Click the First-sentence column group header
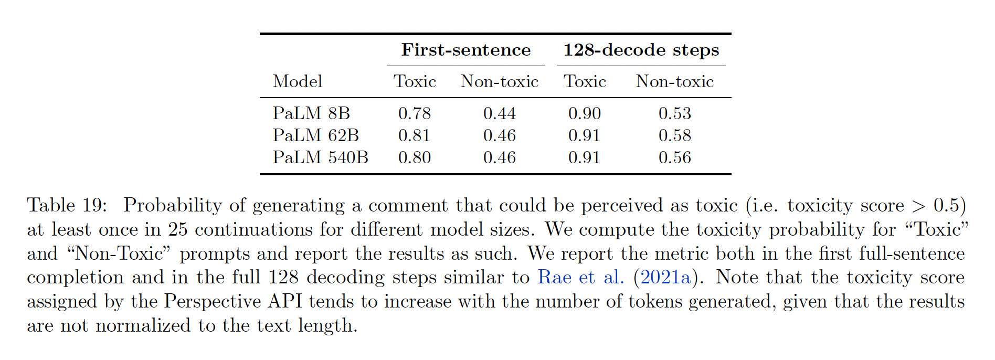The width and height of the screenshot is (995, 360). tap(466, 50)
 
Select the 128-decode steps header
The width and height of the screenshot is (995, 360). tap(641, 50)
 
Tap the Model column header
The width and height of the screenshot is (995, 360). tap(298, 81)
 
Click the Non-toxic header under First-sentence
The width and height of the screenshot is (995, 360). tap(500, 81)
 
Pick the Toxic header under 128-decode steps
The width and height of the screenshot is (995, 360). tap(585, 81)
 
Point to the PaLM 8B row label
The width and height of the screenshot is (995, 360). tap(311, 113)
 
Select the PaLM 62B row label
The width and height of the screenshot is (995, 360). tap(315, 135)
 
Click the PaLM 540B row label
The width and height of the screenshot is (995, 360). tap(320, 157)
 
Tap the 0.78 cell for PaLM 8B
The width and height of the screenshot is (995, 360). tap(415, 113)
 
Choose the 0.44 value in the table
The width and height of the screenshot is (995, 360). tap(500, 113)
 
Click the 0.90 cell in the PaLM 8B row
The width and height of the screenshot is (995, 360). tap(585, 113)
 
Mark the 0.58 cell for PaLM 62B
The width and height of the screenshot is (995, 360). tap(675, 135)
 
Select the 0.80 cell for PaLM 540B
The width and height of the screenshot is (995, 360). tap(415, 157)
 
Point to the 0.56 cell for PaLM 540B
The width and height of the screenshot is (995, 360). tap(675, 157)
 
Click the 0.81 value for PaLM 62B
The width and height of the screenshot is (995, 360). tap(415, 135)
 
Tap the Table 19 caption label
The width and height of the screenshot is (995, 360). tap(67, 205)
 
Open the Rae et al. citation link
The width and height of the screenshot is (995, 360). tap(581, 277)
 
